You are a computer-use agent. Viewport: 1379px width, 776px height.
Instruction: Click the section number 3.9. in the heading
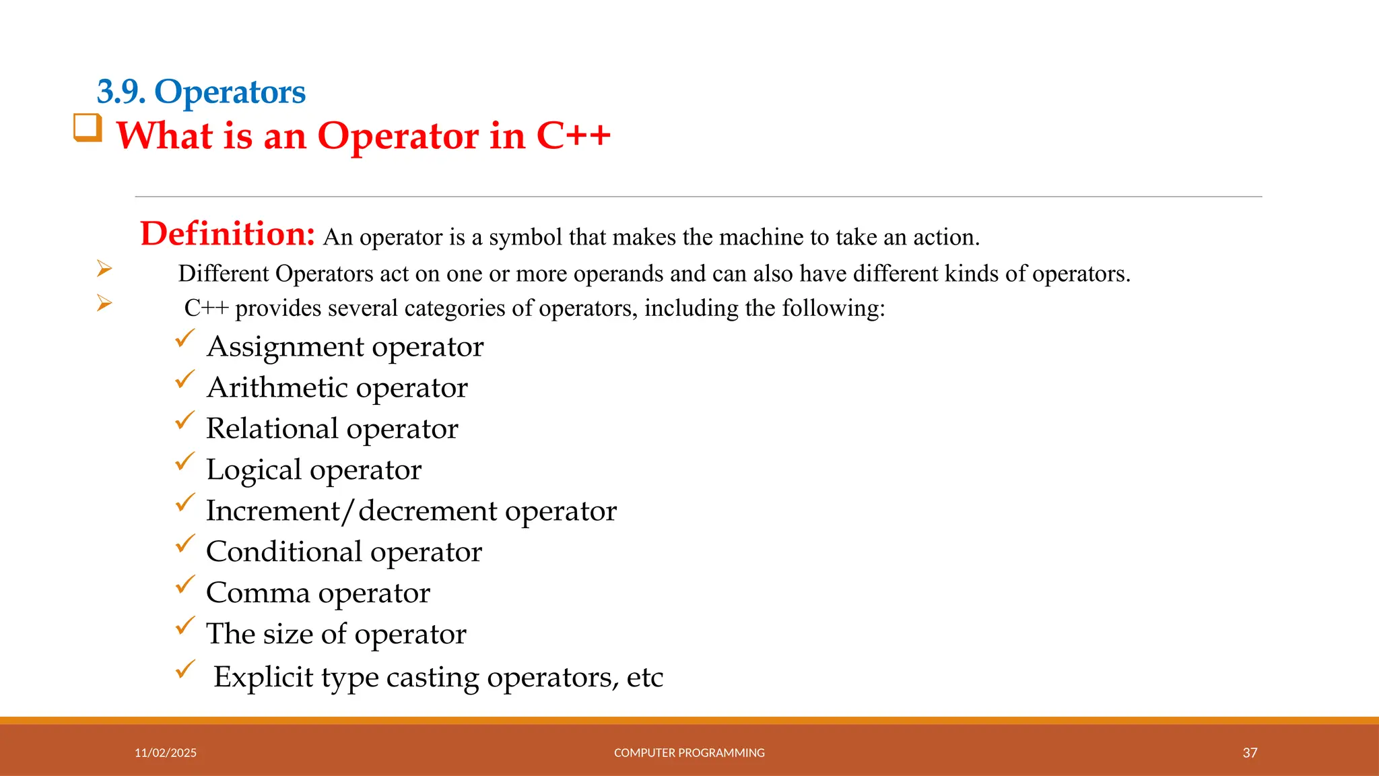pos(121,92)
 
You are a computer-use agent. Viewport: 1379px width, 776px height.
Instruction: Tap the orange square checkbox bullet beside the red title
pos(88,128)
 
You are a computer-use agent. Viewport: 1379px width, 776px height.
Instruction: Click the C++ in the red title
pos(573,136)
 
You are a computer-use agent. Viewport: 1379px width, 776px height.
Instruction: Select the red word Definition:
pos(228,234)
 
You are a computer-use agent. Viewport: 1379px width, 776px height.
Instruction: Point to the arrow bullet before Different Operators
pos(104,269)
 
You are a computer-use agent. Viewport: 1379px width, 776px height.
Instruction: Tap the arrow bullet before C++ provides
pos(104,303)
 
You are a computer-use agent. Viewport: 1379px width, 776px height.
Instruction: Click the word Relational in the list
pos(272,428)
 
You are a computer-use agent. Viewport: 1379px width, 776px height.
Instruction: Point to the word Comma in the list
pos(258,593)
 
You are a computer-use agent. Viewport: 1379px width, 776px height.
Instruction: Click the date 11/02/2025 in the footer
pos(166,752)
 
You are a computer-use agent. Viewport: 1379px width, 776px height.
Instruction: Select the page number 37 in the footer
pos(1250,752)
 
